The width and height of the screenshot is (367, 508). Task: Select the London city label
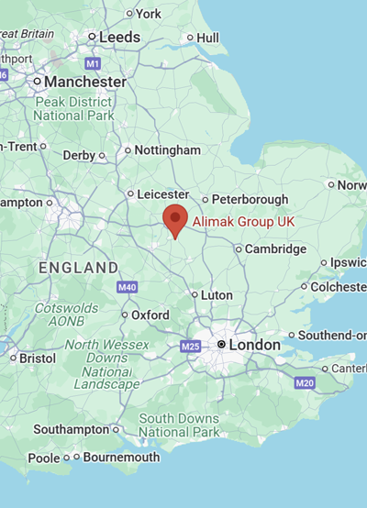[254, 344]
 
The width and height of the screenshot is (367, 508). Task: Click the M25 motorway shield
[190, 347]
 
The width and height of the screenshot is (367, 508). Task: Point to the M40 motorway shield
[127, 288]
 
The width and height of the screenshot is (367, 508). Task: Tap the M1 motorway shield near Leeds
[93, 63]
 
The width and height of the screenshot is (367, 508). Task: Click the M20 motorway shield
[306, 381]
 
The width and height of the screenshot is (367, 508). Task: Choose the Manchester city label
[86, 82]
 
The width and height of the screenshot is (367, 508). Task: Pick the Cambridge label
[276, 248]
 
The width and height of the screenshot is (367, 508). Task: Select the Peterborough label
[250, 199]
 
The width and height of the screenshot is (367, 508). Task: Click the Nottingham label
[167, 149]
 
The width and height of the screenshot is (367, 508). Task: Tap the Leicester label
[162, 194]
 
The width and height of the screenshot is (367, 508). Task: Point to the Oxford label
[150, 315]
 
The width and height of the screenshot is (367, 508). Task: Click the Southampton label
[71, 429]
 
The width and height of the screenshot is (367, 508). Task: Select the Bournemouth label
[120, 457]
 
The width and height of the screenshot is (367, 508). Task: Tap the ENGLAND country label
[78, 268]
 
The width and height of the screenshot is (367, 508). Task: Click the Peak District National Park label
[73, 108]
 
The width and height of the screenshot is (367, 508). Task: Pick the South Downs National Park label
[179, 425]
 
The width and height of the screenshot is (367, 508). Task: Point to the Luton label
[216, 295]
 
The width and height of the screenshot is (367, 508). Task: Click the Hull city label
[208, 38]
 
